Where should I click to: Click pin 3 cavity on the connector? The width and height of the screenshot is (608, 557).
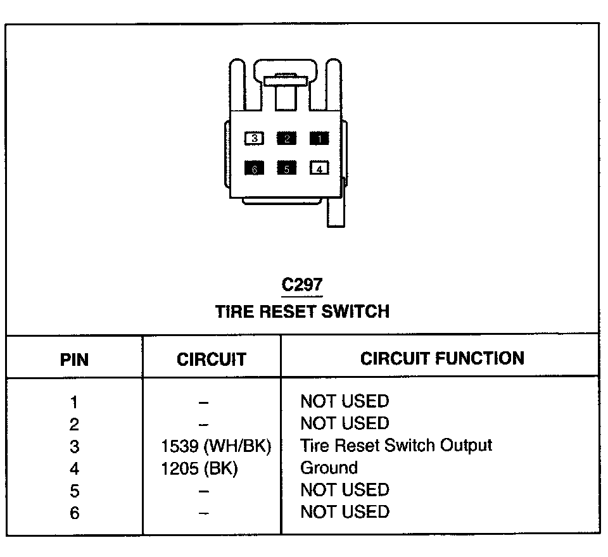pos(254,139)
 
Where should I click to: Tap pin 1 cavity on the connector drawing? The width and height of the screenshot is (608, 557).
pos(319,139)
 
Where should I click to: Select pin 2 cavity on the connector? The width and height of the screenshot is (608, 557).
pos(287,139)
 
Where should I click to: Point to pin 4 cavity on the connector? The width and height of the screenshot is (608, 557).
pos(319,168)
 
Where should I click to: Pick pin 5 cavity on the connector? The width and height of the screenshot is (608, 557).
pos(287,168)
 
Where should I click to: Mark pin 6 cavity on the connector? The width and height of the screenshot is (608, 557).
pos(254,168)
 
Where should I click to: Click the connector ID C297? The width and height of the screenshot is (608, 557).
pos(302,285)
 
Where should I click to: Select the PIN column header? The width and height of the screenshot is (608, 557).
pos(75,360)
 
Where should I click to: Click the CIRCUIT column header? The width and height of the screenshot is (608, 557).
pos(211,360)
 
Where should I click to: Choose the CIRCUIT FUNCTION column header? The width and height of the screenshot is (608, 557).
pos(442,358)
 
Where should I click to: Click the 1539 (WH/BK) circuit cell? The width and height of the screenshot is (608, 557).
pos(217,446)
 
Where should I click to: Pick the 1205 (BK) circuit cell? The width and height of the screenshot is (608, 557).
pos(199,469)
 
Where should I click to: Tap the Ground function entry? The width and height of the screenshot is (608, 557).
pos(329,468)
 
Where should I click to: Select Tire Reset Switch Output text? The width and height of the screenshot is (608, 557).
pos(396,445)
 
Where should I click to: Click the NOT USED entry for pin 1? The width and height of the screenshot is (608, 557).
pos(345,401)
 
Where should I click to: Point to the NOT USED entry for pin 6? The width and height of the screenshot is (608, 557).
pos(345,511)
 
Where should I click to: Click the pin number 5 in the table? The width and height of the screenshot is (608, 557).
pos(75,491)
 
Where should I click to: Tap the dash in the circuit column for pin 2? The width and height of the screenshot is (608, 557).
pos(203,424)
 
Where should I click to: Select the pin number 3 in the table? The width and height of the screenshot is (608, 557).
pos(75,446)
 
